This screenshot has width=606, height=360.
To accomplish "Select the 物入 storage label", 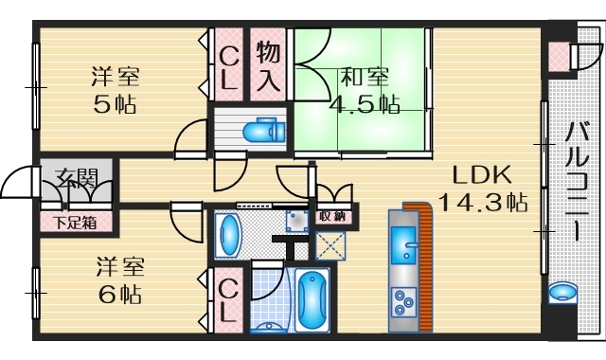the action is click(267, 64).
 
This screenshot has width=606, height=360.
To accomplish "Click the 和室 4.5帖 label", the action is click(363, 90).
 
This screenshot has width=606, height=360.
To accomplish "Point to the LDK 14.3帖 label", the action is click(481, 188).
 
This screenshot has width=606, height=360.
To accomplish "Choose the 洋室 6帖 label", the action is click(118, 281).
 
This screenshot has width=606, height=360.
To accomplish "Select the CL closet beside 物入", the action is click(228, 64).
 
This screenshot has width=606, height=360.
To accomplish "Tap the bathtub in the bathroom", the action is click(311, 300).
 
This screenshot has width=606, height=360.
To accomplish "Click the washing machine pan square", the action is click(297, 222).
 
